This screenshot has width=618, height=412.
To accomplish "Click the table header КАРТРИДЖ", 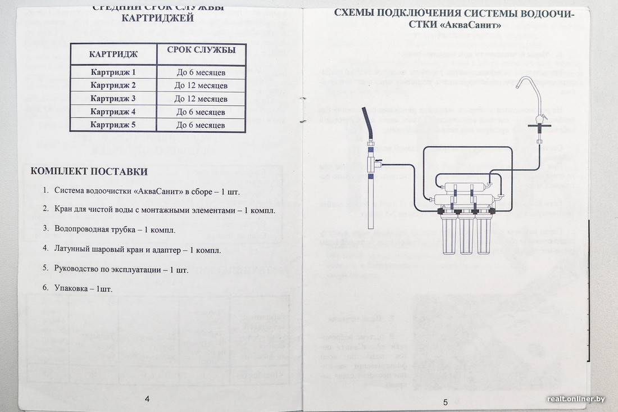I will [x=113, y=55].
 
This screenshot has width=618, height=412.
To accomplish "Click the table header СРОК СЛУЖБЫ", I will [x=201, y=50].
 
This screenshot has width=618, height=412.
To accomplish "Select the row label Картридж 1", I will [x=113, y=73].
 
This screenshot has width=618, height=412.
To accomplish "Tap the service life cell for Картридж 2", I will [x=201, y=85].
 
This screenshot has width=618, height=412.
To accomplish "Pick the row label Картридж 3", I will [x=113, y=98].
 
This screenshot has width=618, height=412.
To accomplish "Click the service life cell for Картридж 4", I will [x=201, y=112].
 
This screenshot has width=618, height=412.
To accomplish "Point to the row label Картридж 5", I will [x=113, y=125].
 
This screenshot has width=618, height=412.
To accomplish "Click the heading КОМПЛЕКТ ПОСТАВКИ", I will [x=89, y=171].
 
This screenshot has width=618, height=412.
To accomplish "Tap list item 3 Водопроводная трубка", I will [x=115, y=229].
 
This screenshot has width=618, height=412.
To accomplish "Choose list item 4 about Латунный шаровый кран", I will [x=138, y=250].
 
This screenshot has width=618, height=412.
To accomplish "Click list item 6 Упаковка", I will [x=84, y=288].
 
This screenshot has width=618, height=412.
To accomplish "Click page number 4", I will [x=147, y=399].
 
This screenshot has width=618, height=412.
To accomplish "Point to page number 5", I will [x=445, y=402].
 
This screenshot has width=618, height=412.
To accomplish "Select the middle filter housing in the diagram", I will [x=466, y=233].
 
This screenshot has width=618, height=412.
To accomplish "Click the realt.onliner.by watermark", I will [x=576, y=399].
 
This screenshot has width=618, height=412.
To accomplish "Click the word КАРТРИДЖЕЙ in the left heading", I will [x=158, y=19].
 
